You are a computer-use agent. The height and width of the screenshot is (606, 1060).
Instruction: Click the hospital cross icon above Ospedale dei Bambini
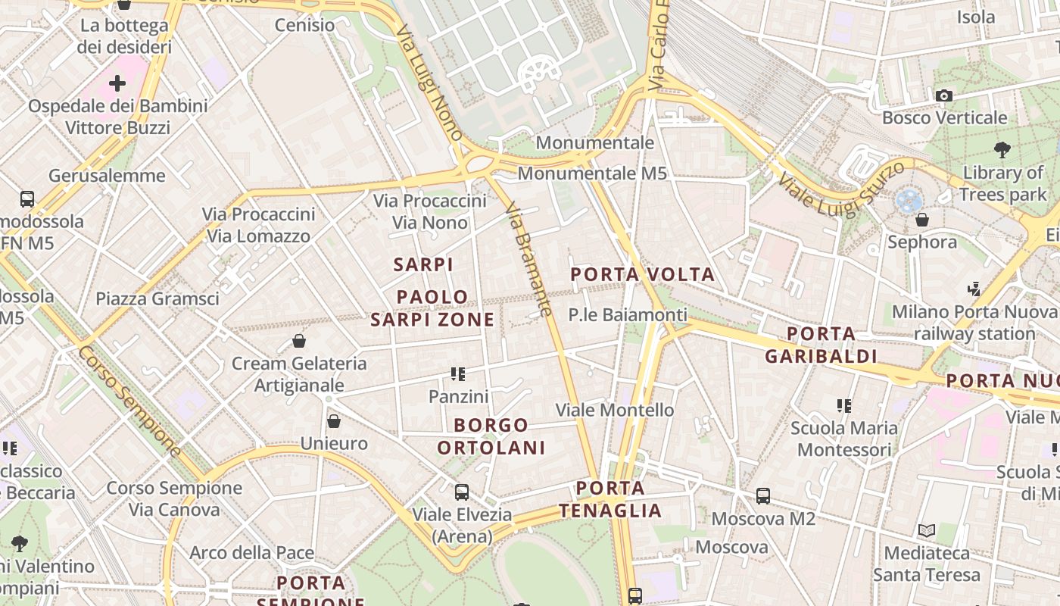click(117, 83)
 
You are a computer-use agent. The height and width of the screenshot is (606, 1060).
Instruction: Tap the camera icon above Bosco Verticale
click(943, 95)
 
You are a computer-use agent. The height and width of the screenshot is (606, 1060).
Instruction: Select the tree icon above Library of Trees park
click(1002, 150)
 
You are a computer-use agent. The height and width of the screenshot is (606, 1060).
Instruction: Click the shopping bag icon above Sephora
click(921, 220)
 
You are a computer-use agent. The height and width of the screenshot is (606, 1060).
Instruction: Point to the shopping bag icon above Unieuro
click(334, 421)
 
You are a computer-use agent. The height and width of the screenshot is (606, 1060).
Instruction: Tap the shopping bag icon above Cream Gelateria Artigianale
click(299, 341)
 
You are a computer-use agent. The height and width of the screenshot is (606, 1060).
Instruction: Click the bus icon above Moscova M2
click(763, 496)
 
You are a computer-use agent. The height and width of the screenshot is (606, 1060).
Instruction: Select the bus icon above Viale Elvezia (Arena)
click(462, 492)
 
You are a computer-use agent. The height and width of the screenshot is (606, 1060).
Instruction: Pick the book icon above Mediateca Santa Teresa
click(927, 530)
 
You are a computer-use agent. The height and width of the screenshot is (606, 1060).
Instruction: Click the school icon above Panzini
click(458, 373)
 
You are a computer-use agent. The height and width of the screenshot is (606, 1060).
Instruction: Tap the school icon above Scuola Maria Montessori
click(844, 405)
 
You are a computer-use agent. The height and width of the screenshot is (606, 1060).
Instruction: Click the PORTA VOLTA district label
click(643, 274)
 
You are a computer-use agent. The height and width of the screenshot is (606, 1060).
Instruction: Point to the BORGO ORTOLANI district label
click(491, 436)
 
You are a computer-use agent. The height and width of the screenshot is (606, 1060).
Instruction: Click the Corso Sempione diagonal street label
click(130, 402)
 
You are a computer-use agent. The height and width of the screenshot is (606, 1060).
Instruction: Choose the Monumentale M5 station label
click(592, 173)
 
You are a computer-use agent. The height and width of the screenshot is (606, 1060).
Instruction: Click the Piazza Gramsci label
click(157, 298)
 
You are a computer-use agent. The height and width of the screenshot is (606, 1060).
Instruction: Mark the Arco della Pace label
click(251, 553)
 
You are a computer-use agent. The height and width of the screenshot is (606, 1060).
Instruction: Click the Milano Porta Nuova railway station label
click(974, 323)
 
